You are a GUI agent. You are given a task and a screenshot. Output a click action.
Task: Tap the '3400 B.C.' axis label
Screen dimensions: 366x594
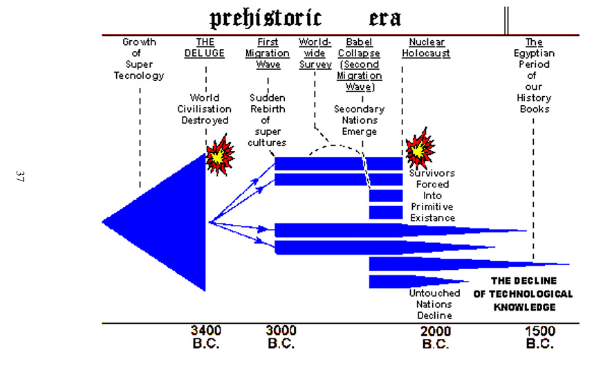click(205, 337)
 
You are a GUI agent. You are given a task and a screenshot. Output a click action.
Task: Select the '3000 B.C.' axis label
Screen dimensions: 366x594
click(282, 337)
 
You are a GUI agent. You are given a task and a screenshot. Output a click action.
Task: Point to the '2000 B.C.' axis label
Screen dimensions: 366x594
click(435, 337)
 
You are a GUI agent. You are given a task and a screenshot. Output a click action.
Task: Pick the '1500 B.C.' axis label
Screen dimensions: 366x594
click(539, 337)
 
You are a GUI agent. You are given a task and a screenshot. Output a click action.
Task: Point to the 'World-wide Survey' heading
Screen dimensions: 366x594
click(315, 53)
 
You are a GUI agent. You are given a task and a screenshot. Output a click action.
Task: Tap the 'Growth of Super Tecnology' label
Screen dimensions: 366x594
click(139, 59)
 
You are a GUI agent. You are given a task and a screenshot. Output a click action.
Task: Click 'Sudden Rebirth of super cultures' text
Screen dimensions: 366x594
click(267, 120)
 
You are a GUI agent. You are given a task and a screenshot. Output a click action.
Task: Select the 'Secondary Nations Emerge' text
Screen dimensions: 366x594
click(359, 120)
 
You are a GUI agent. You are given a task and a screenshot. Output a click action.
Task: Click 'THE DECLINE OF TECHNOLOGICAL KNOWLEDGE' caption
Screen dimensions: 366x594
click(523, 293)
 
